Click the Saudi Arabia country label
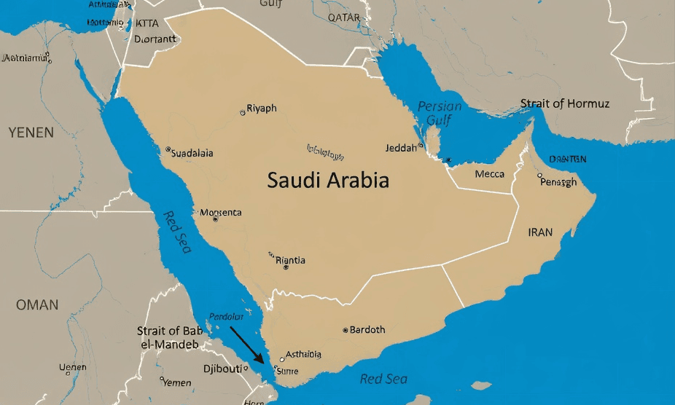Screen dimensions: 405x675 tap(328, 180)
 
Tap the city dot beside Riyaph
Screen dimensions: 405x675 tap(243, 113)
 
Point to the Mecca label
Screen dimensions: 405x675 tap(489, 174)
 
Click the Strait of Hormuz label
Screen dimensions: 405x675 tap(565, 103)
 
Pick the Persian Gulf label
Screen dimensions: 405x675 tap(440, 114)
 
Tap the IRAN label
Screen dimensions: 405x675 tap(540, 232)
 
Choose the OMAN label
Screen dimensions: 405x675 tap(37, 304)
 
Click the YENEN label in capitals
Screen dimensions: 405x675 tap(31, 133)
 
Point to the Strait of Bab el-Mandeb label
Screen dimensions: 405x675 tap(168, 337)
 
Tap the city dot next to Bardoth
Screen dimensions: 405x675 tap(346, 330)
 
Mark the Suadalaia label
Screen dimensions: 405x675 tap(192, 153)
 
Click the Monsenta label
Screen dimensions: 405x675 tap(221, 213)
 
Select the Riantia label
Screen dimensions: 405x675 tap(291, 260)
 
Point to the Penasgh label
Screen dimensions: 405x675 tap(558, 182)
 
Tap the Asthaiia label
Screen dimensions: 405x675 tap(303, 355)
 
